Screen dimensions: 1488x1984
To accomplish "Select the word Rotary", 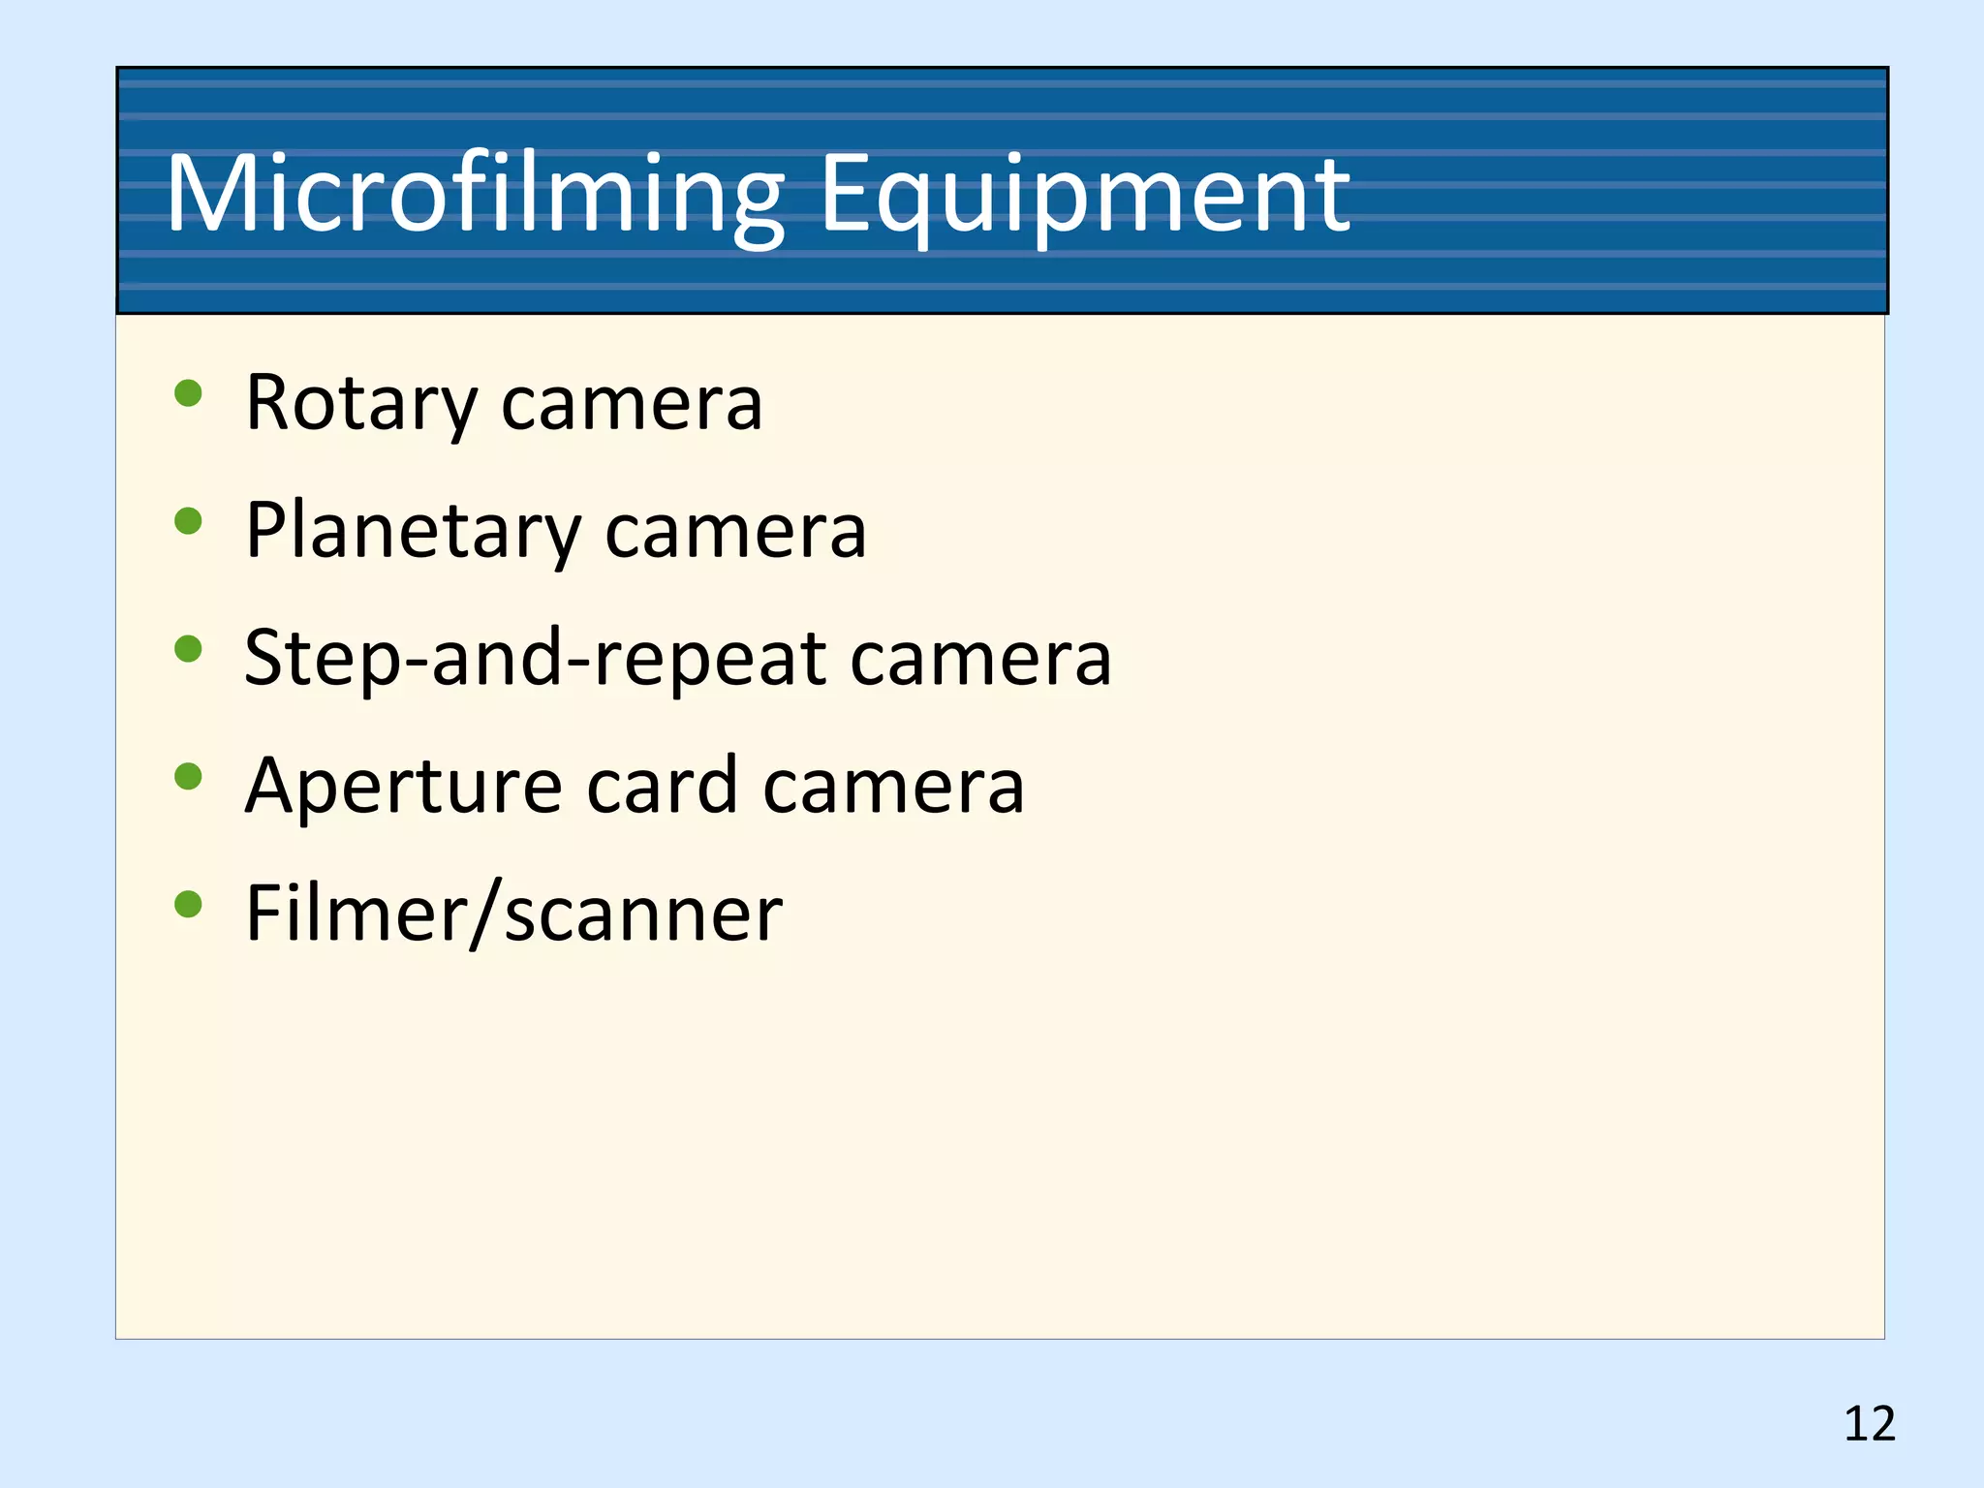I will [361, 403].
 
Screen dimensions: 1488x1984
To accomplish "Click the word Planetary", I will [413, 531].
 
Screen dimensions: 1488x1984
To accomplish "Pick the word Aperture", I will [403, 787].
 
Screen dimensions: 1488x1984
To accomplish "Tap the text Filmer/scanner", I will [513, 913].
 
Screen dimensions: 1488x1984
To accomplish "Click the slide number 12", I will [1869, 1424].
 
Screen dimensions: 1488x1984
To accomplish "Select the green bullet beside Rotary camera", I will [188, 393].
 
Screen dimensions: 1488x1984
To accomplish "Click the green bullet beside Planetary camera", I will [188, 521].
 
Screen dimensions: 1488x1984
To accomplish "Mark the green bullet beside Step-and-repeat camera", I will [188, 648].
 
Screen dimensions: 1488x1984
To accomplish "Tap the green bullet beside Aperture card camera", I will [188, 776].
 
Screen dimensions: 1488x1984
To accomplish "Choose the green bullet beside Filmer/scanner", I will [188, 904].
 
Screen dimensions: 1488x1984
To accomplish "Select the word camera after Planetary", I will [735, 533].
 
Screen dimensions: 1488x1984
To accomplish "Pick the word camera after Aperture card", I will [893, 787].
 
